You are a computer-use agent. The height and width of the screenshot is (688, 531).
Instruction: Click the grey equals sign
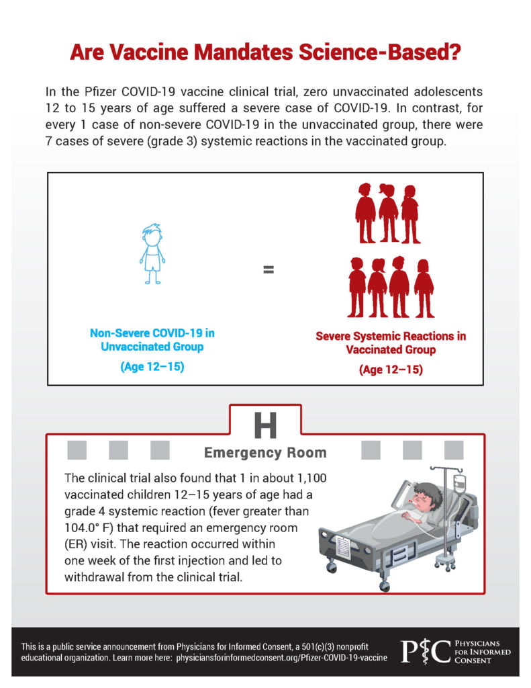[x=268, y=270]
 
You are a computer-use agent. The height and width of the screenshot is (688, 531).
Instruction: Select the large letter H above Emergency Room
[x=265, y=425]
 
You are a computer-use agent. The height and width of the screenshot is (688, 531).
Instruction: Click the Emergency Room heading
[x=265, y=452]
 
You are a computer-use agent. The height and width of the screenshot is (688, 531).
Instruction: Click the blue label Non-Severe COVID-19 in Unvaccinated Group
[x=152, y=340]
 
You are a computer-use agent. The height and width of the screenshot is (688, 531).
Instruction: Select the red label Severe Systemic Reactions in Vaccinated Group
[x=391, y=343]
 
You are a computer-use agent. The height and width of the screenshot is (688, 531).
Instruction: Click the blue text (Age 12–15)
[x=152, y=367]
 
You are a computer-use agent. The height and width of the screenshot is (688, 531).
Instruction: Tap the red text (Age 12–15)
[x=391, y=370]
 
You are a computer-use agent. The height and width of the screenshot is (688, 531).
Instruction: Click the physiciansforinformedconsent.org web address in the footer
[x=281, y=656]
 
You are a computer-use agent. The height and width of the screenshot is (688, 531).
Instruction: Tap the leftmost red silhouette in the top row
[x=366, y=212]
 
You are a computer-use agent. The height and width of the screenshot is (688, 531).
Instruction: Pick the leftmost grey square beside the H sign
[x=77, y=450]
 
